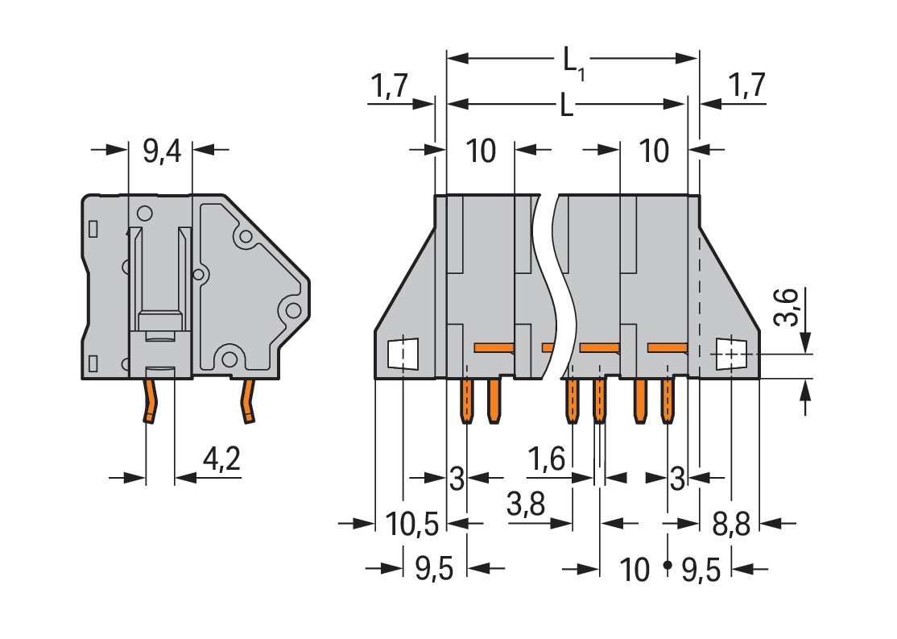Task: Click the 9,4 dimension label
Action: [x=162, y=151]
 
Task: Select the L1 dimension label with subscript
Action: [x=573, y=61]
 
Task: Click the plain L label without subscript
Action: [x=567, y=106]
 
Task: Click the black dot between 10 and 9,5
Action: [x=667, y=566]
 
